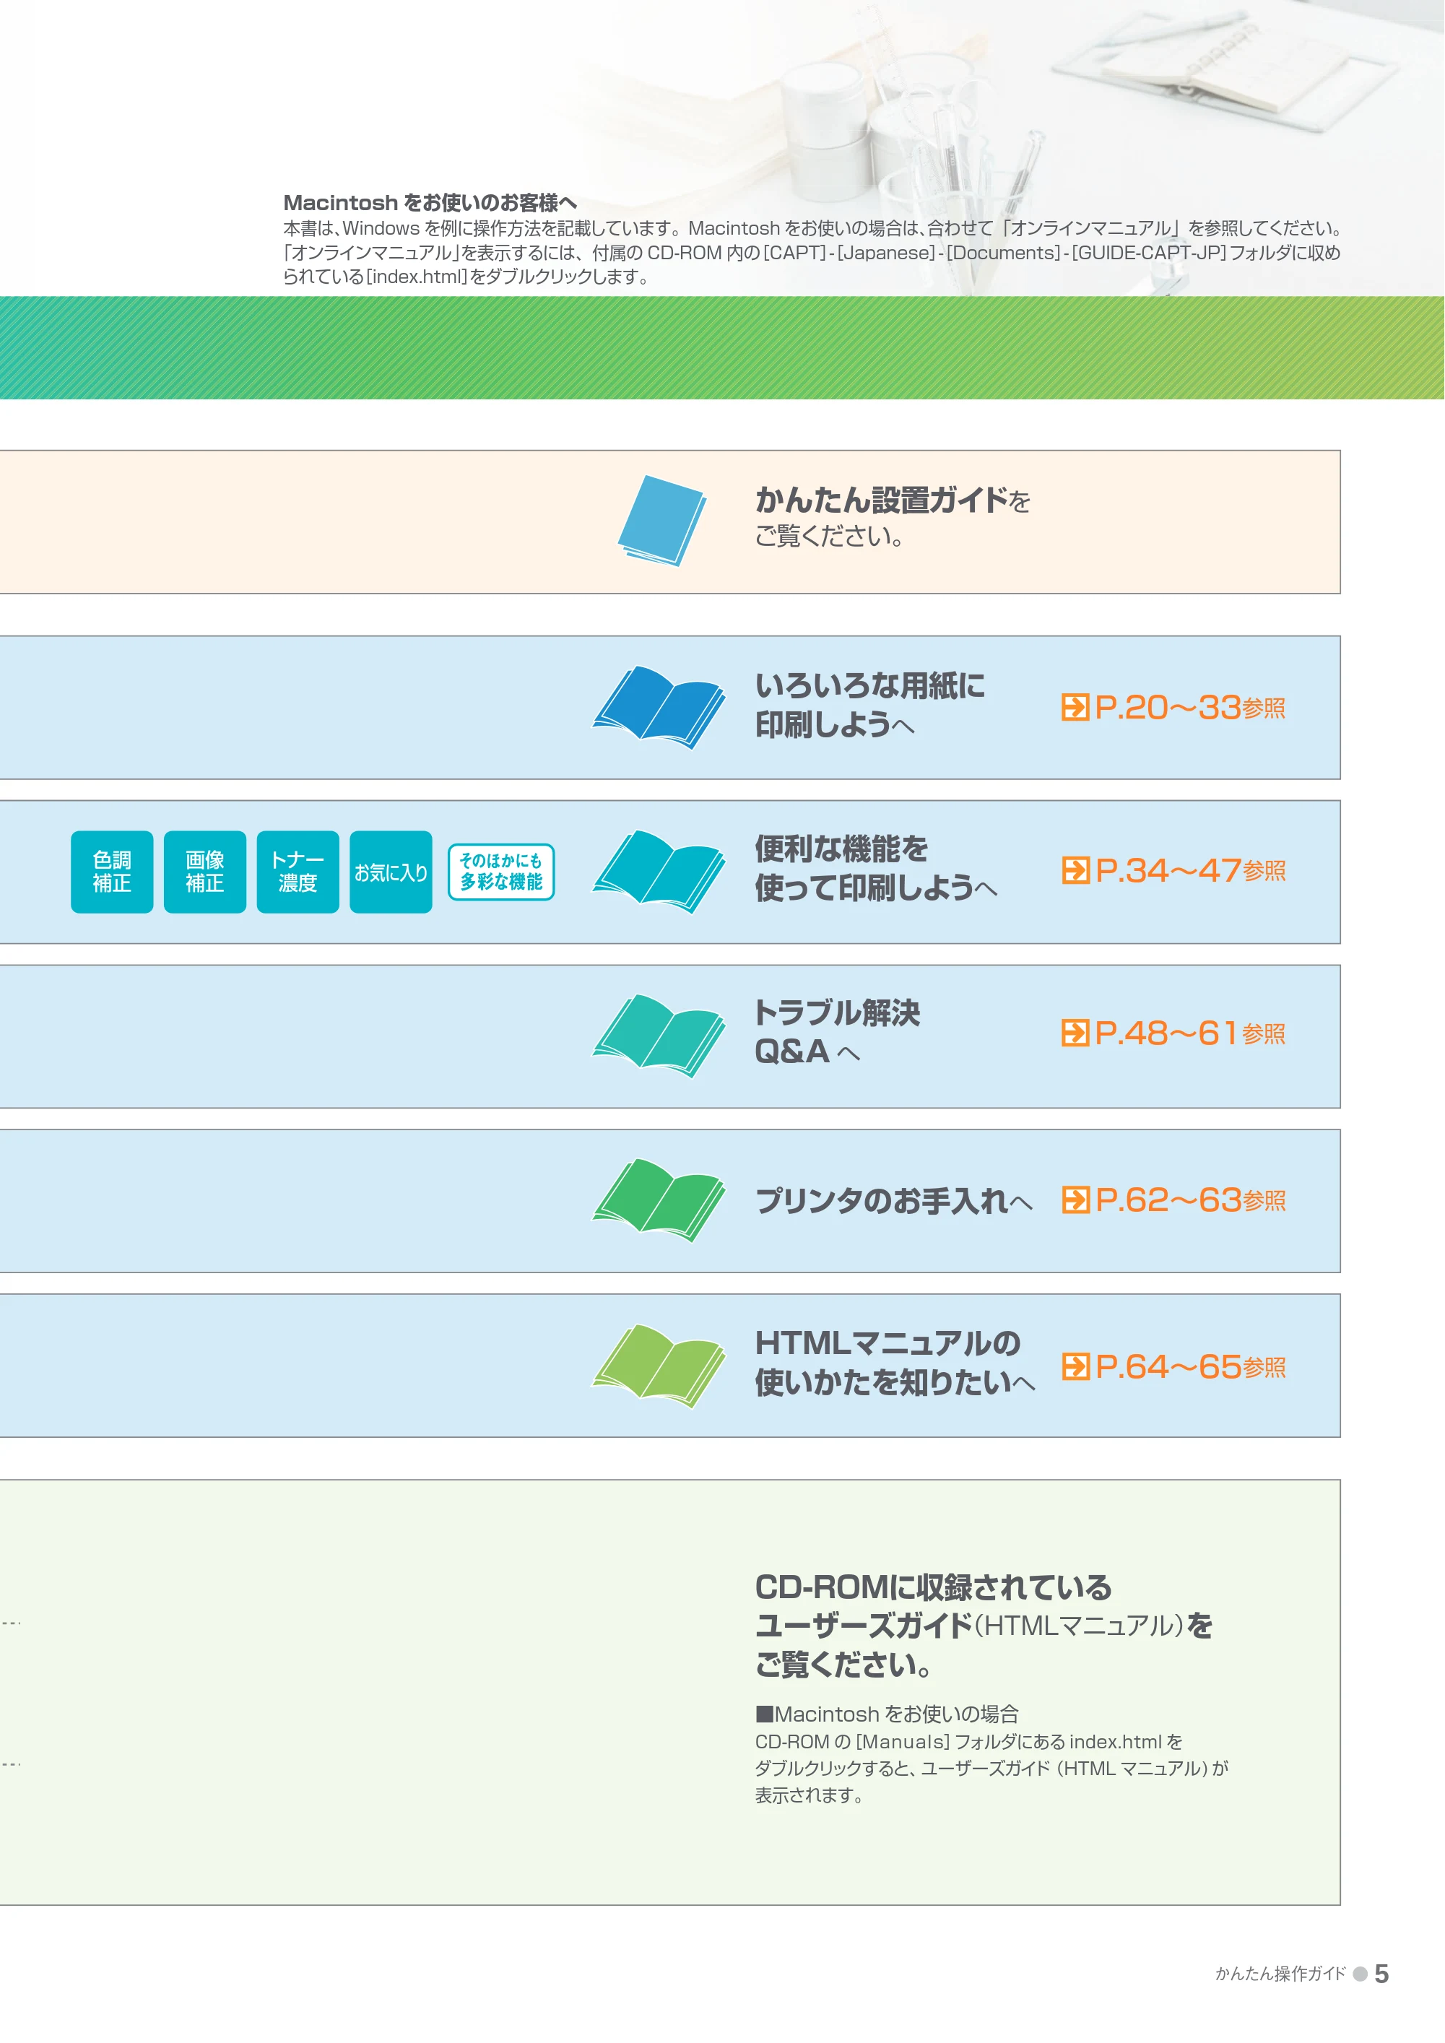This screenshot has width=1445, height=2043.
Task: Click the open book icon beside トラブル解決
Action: tap(659, 1036)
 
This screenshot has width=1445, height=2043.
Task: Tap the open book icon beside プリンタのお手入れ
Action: tap(659, 1200)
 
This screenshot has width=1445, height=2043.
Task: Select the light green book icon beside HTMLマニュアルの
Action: tap(659, 1366)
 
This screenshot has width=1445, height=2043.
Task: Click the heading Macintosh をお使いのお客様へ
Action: tap(430, 203)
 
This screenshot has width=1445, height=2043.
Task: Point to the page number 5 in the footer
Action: tap(1381, 1974)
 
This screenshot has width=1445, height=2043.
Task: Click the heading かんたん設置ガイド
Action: tap(882, 500)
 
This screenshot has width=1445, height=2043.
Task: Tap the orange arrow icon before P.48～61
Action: tap(1075, 1033)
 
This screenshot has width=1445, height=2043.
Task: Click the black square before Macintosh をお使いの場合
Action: tap(763, 1714)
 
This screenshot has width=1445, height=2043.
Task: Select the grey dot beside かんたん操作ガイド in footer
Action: tap(1360, 1974)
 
